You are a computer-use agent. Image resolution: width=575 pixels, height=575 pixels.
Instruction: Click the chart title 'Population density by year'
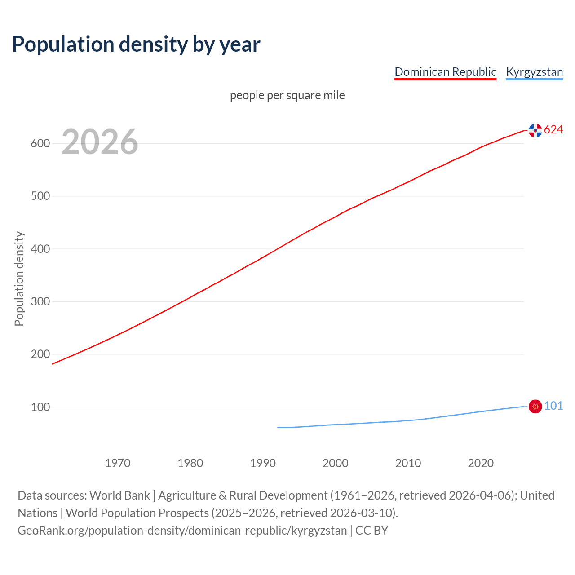click(x=136, y=44)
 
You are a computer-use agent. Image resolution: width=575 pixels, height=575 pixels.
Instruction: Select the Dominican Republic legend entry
click(x=445, y=72)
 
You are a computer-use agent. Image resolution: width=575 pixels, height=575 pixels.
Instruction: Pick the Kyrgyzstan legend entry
click(x=534, y=72)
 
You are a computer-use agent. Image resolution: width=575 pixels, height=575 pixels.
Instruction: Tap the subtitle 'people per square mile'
click(x=287, y=95)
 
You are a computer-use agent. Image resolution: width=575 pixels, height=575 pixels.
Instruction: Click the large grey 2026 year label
click(x=100, y=142)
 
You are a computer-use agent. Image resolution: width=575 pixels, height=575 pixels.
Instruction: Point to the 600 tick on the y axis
click(x=40, y=144)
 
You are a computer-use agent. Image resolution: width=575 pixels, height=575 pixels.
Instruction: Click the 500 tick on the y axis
click(x=40, y=196)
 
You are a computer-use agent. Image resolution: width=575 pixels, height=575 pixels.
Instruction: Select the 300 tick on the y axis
click(x=40, y=301)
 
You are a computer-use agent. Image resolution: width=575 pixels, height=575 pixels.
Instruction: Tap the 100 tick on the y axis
click(x=40, y=407)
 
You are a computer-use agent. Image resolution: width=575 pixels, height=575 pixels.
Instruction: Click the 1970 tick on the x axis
click(x=118, y=463)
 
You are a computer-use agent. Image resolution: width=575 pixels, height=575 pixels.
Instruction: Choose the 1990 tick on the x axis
click(x=263, y=463)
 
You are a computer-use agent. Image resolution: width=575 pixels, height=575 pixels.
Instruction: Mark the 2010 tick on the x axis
click(x=408, y=463)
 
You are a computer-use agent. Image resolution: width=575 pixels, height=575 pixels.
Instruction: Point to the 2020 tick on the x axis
click(x=481, y=463)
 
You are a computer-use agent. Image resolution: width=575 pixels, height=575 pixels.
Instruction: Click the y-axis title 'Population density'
click(x=19, y=279)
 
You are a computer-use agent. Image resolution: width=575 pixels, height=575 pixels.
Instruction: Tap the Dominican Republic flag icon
click(x=535, y=130)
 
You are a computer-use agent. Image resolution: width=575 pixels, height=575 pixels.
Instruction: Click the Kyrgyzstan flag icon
click(x=535, y=407)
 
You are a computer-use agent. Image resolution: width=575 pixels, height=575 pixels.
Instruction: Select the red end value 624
click(x=553, y=130)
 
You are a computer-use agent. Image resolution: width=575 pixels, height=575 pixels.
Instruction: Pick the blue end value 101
click(x=553, y=406)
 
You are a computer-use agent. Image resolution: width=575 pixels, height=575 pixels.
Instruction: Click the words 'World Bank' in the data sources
click(x=119, y=495)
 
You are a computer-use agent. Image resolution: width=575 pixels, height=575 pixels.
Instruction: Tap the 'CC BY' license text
click(x=372, y=531)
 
